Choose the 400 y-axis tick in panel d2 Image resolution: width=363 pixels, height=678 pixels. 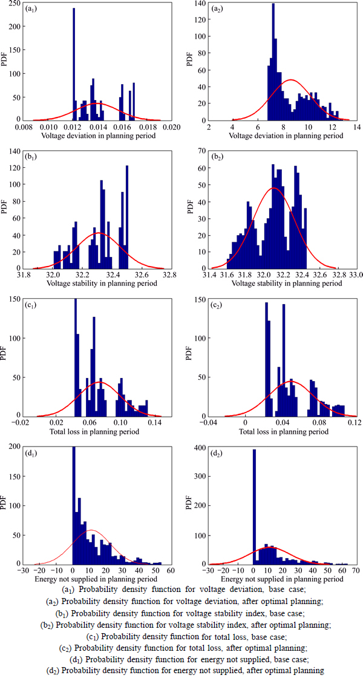pyautogui.click(x=198, y=448)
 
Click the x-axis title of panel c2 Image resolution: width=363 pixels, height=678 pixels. pyautogui.click(x=284, y=433)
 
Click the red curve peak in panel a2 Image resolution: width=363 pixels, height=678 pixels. pyautogui.click(x=291, y=79)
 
